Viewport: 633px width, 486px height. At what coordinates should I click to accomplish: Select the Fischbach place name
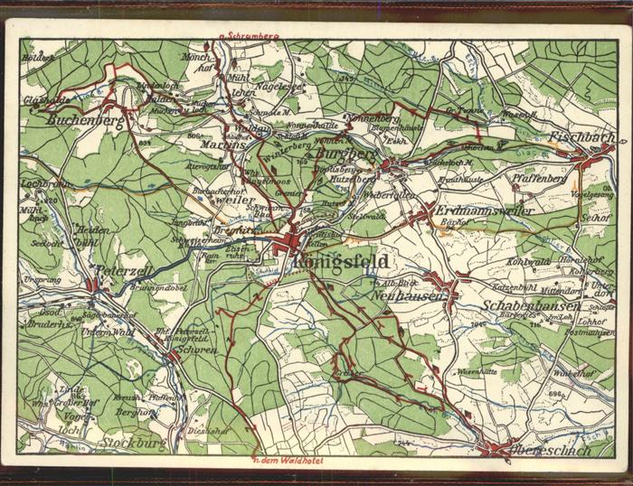click(x=581, y=138)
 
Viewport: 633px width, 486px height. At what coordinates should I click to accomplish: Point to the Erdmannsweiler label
click(x=472, y=210)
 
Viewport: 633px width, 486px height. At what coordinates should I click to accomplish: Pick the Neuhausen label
click(x=403, y=296)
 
